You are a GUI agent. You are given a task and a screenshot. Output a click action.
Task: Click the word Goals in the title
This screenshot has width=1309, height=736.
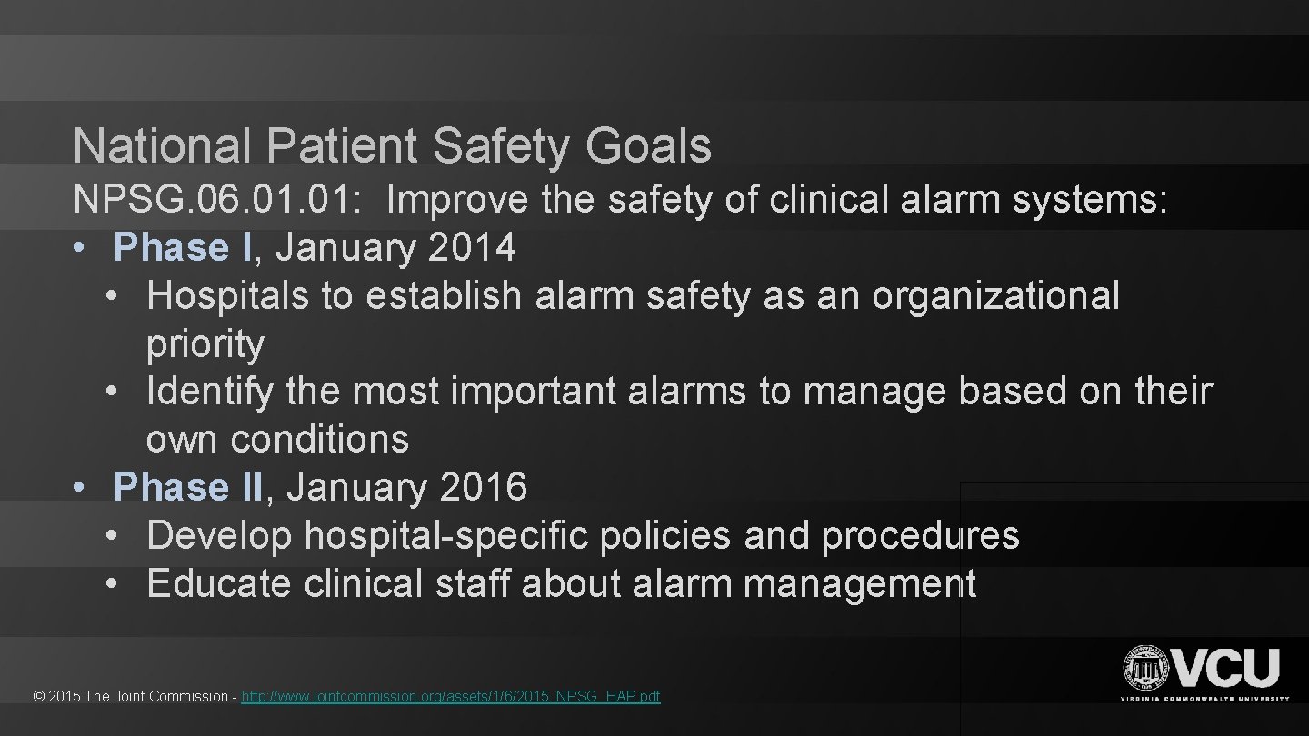tap(648, 146)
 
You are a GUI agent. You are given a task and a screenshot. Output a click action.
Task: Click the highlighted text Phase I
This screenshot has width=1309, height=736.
tap(183, 247)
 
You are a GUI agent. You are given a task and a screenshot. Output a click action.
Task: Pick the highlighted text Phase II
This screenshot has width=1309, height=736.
tap(188, 487)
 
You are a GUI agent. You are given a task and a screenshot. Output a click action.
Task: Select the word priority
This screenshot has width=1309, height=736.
tap(205, 343)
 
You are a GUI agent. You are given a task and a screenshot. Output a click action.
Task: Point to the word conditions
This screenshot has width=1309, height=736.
tap(320, 440)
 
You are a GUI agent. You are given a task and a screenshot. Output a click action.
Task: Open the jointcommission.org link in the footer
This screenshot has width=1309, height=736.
tap(451, 697)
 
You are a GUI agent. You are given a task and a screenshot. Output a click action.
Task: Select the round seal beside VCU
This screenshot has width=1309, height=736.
tap(1146, 670)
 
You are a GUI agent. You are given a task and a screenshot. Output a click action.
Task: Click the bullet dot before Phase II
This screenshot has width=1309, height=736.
tap(81, 488)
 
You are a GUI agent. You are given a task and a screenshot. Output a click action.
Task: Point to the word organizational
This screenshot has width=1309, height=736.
tap(996, 295)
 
